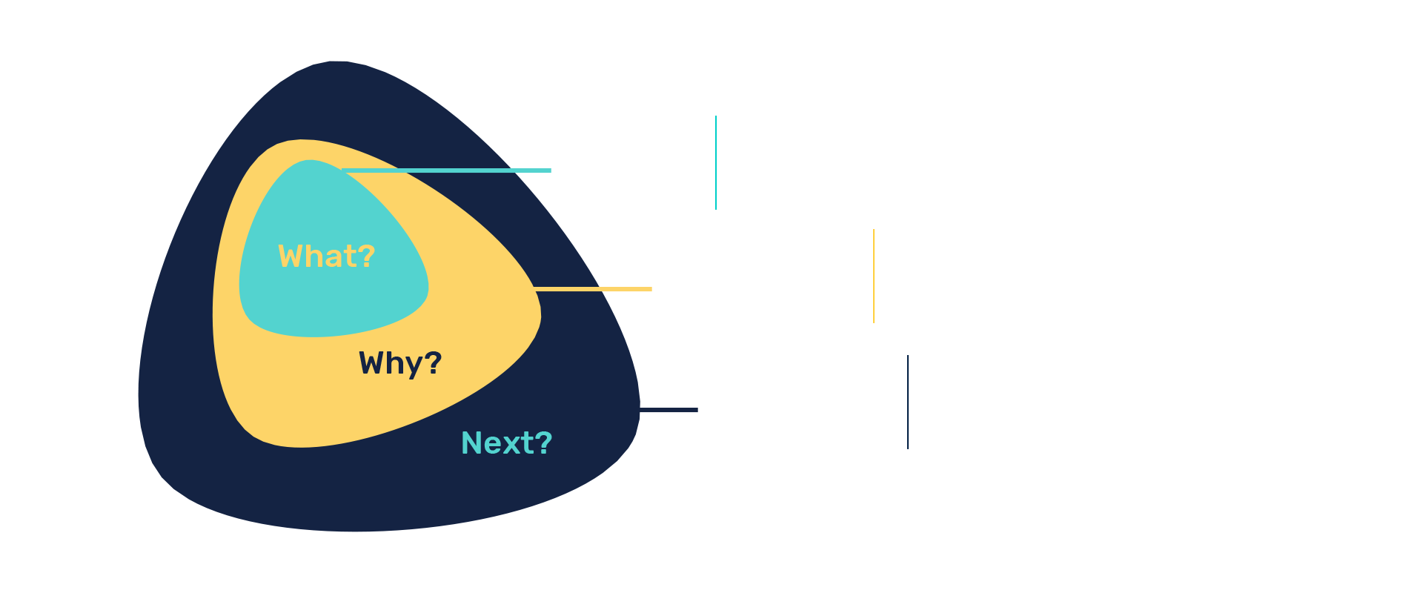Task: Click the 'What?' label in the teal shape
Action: [x=326, y=256]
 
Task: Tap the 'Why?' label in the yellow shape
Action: [x=400, y=363]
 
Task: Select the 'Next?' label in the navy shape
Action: [x=506, y=443]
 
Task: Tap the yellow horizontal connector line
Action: [x=593, y=289]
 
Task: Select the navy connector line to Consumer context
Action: [x=669, y=410]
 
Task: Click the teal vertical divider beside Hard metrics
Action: [x=716, y=163]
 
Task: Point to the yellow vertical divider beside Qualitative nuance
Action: [x=875, y=276]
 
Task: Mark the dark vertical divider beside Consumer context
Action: [x=908, y=402]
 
